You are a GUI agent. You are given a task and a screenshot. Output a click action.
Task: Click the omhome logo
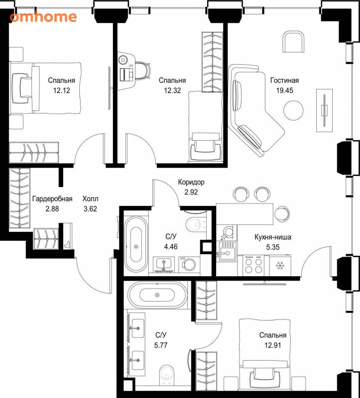(43, 17)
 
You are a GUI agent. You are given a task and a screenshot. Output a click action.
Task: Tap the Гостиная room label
(284, 81)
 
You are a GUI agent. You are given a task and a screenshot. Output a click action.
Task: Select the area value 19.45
(284, 91)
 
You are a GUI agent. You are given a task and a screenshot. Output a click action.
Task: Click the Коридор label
(191, 182)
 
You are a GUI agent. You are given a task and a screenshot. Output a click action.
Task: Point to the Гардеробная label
(52, 199)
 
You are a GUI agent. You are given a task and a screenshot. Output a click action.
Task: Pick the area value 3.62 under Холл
(90, 209)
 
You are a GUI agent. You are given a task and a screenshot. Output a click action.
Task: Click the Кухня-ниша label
(273, 237)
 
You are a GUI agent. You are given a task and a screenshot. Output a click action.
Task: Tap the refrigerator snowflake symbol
(280, 266)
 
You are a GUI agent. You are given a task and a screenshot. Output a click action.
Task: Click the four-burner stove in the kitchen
(253, 265)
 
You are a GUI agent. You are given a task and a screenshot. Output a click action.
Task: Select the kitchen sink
(228, 252)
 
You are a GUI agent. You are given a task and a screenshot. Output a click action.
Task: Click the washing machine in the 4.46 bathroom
(189, 265)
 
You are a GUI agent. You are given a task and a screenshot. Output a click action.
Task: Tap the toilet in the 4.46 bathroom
(196, 224)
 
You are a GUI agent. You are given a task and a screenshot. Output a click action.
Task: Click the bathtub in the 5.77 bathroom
(157, 295)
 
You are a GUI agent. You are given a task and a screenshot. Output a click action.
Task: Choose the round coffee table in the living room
(293, 110)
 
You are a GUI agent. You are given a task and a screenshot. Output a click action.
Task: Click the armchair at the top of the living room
(293, 42)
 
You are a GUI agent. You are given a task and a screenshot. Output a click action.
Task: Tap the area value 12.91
(272, 345)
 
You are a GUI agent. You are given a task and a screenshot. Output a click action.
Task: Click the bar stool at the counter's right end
(282, 214)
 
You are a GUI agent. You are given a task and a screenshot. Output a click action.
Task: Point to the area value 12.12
(61, 91)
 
